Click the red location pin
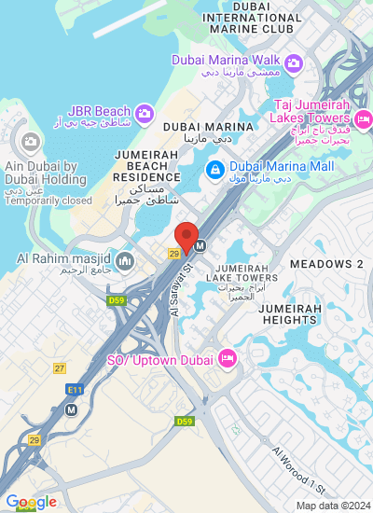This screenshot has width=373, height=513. (x=186, y=237)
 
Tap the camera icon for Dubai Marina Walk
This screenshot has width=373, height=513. (x=294, y=62)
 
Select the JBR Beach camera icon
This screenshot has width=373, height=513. (x=144, y=114)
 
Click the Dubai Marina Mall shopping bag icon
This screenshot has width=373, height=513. (x=214, y=170)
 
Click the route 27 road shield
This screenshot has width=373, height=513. (x=60, y=369)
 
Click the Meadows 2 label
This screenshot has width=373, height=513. (x=325, y=264)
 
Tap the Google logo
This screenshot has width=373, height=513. (x=31, y=503)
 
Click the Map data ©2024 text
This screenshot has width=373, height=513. (x=333, y=506)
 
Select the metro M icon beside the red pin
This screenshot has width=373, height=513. (x=200, y=246)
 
